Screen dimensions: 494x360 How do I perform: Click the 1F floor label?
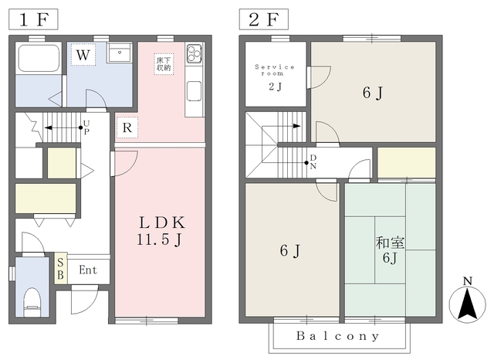tap(33, 19)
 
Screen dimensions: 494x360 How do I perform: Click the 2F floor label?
tap(264, 19)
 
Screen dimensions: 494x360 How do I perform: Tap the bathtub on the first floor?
tap(39, 58)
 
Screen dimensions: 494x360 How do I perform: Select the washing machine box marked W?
tap(83, 55)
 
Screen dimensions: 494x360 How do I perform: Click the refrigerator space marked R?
tap(127, 127)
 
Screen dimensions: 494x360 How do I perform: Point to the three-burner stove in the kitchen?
tap(194, 53)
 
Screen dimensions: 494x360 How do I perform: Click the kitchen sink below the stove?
tap(194, 91)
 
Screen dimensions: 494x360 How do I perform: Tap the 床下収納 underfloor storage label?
tap(164, 64)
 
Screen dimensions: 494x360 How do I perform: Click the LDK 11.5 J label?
tap(161, 231)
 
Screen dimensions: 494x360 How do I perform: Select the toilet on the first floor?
tap(32, 302)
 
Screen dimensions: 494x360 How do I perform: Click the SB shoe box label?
tap(60, 269)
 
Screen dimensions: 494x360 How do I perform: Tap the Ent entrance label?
tap(88, 270)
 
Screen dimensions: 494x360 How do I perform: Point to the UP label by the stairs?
tap(86, 127)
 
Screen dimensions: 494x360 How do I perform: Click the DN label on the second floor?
tap(313, 162)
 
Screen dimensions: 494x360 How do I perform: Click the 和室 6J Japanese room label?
tap(390, 250)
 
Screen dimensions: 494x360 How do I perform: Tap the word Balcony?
tap(338, 336)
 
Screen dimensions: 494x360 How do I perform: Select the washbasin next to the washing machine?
tap(120, 53)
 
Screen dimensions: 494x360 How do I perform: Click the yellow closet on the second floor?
tap(407, 163)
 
